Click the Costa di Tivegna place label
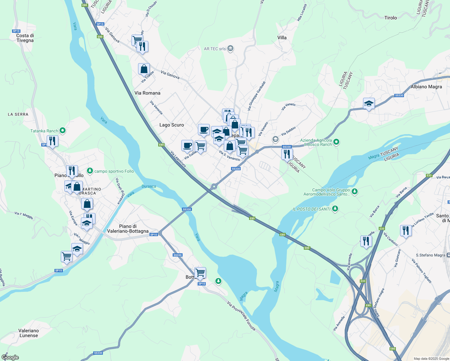(25, 38)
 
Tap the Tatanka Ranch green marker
(63, 131)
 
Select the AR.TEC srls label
(215, 49)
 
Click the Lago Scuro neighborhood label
(171, 125)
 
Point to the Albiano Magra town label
(426, 87)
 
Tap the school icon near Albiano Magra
(369, 104)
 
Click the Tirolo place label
(390, 18)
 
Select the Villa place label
(282, 38)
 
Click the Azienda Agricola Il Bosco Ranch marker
(336, 142)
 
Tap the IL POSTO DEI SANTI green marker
(335, 209)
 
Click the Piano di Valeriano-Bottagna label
(128, 229)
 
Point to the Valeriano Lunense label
(29, 333)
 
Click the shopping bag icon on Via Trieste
(144, 69)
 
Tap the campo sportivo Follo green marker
(90, 171)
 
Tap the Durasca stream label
(149, 186)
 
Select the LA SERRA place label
(18, 114)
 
